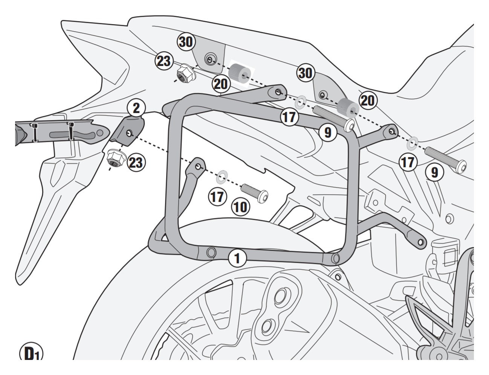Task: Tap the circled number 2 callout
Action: coord(136,108)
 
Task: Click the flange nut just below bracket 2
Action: coord(116,158)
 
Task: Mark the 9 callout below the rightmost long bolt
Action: coord(434,172)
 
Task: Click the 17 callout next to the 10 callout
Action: coord(218,197)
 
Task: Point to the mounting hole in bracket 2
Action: coord(129,133)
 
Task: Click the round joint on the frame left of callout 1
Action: coord(211,252)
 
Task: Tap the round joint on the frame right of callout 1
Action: coord(335,258)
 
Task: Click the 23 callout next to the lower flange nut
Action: coord(136,162)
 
